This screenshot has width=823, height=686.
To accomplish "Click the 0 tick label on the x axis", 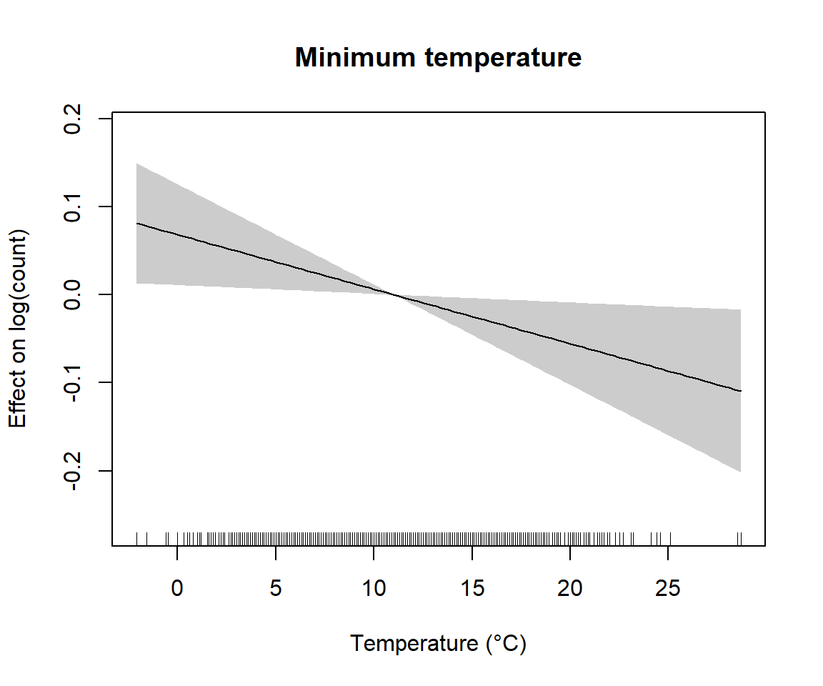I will (177, 588).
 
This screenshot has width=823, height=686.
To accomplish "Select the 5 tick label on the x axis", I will (276, 588).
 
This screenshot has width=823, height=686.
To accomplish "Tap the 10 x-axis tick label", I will (374, 588).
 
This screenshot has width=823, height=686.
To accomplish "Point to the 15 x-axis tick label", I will (472, 588).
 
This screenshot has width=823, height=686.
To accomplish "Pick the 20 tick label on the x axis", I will (570, 588).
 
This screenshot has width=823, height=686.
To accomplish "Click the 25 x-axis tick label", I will (668, 588).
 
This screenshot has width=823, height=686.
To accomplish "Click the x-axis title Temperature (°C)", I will (438, 644).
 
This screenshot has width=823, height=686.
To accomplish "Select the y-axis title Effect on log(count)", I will (18, 329).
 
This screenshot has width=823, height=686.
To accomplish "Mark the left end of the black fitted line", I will (136, 224).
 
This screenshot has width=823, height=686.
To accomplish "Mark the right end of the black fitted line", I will (741, 391).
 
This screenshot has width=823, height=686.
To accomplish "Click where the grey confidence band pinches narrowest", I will (392, 294).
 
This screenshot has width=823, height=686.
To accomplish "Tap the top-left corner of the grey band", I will (136, 164).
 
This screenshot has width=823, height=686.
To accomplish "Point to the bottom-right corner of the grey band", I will (741, 472).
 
